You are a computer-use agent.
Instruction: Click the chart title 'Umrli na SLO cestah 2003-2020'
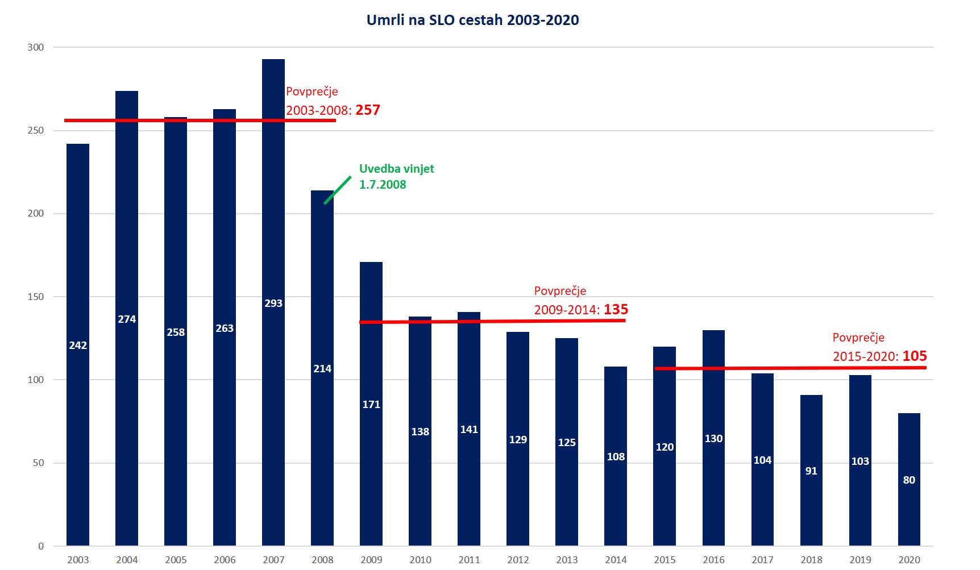coord(472,20)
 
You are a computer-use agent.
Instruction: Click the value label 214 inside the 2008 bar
coord(322,369)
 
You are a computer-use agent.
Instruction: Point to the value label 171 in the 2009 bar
coord(371,405)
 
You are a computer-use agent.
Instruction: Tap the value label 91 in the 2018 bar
coord(811,471)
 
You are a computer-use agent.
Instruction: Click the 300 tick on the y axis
coord(36,48)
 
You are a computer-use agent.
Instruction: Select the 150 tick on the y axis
coord(36,297)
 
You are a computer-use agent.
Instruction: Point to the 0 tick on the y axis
coord(41,546)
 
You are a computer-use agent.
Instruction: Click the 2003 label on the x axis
coord(78,560)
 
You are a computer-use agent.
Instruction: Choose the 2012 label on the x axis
coord(518,560)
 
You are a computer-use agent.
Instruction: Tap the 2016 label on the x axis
coord(713,560)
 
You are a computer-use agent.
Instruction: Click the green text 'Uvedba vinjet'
coord(396,169)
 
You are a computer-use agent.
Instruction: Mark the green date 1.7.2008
coord(383,185)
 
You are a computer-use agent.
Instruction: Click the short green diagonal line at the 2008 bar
coord(338,190)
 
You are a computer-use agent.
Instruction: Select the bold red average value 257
coord(368,110)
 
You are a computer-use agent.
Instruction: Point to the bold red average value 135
coord(616,310)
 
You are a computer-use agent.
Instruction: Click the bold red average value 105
coord(914,356)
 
